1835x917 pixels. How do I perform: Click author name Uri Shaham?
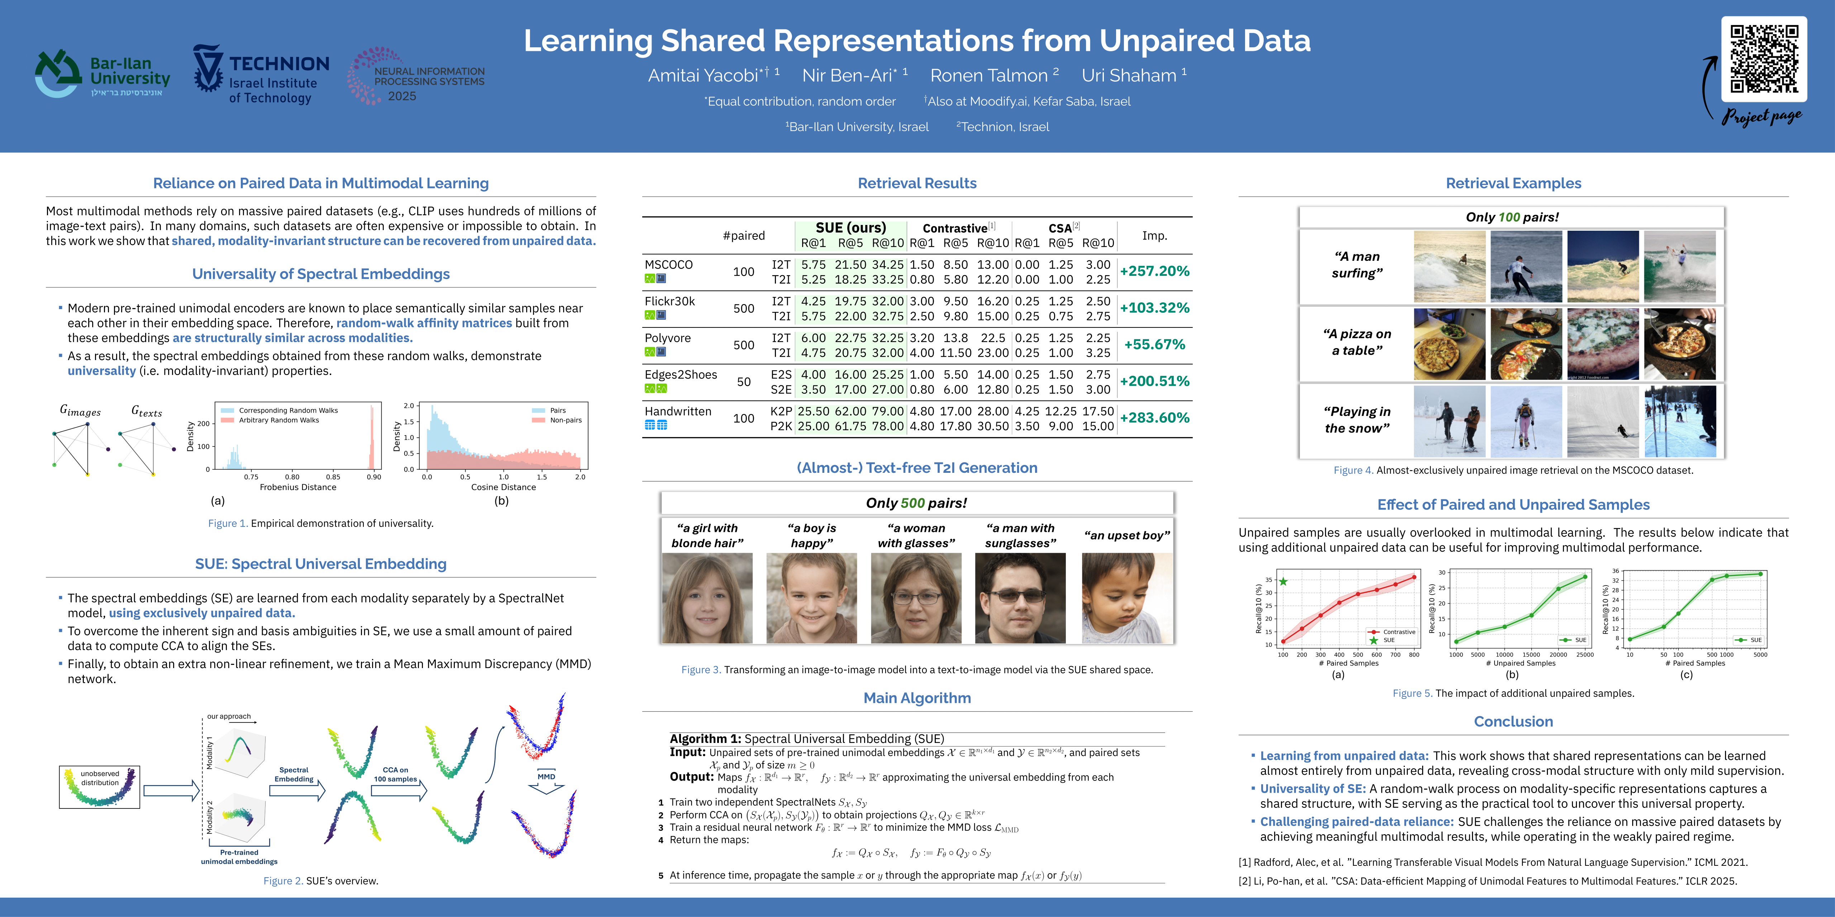pyautogui.click(x=1129, y=76)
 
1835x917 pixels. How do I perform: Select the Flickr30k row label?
pyautogui.click(x=669, y=301)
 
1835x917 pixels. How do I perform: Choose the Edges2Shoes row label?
pyautogui.click(x=680, y=374)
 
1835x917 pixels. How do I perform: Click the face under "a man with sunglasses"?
pyautogui.click(x=1020, y=598)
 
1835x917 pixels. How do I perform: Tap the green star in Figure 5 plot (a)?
pyautogui.click(x=1283, y=582)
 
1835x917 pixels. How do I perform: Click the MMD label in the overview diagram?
pyautogui.click(x=546, y=777)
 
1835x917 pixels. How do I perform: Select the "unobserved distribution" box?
pyautogui.click(x=100, y=787)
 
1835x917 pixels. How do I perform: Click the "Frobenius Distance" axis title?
pyautogui.click(x=298, y=488)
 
